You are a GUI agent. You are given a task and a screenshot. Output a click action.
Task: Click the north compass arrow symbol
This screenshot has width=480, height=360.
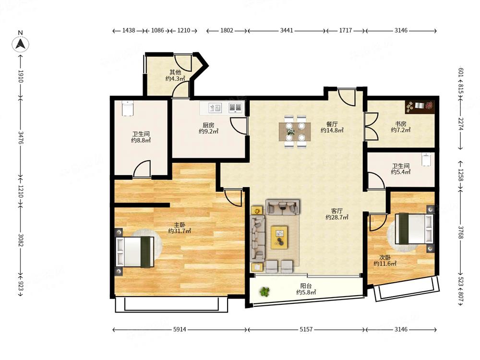click(21, 44)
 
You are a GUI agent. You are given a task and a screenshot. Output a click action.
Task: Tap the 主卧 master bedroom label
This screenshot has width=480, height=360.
click(180, 225)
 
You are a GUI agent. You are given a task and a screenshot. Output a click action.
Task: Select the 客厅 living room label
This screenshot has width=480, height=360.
click(337, 211)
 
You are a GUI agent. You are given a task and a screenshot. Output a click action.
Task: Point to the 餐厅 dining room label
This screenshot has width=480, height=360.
click(332, 124)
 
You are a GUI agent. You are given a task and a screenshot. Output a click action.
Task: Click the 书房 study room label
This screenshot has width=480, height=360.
click(400, 124)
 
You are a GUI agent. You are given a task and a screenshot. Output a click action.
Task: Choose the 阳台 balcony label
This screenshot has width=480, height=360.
click(306, 286)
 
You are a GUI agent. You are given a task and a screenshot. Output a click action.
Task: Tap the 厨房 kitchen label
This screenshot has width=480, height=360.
click(208, 125)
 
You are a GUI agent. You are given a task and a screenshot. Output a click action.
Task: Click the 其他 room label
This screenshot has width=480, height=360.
click(175, 72)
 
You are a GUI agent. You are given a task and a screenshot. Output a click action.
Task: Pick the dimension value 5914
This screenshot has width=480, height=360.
click(180, 329)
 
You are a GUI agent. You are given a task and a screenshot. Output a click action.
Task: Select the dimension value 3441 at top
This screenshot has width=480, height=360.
click(287, 30)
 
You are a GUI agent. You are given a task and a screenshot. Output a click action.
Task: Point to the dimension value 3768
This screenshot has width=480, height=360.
click(461, 232)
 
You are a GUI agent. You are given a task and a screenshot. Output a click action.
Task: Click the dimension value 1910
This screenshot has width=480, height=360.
click(21, 76)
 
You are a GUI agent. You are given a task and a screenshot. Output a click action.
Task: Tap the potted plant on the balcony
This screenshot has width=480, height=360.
click(264, 292)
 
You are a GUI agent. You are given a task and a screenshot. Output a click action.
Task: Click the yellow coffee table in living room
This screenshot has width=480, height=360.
click(279, 237)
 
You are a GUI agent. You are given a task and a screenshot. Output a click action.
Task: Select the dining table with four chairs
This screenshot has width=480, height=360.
click(295, 132)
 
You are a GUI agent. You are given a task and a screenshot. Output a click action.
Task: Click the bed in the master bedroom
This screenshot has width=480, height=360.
click(134, 252)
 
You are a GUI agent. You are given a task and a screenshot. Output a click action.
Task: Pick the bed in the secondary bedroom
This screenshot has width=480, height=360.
click(414, 228)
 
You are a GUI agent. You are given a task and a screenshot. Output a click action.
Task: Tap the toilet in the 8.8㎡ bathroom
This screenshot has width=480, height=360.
click(127, 108)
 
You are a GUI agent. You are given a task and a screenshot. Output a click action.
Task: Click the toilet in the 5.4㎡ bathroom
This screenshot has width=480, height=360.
click(426, 159)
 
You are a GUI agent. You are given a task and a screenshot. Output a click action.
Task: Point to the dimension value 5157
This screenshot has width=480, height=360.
click(306, 329)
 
